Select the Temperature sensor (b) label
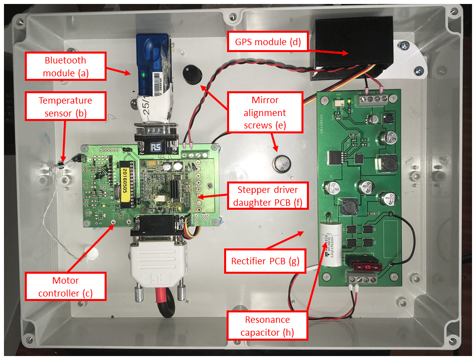point(65,107)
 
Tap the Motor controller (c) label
point(65,287)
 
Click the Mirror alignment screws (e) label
point(265,113)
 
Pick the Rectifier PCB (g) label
point(265,261)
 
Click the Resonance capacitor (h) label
point(267,326)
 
